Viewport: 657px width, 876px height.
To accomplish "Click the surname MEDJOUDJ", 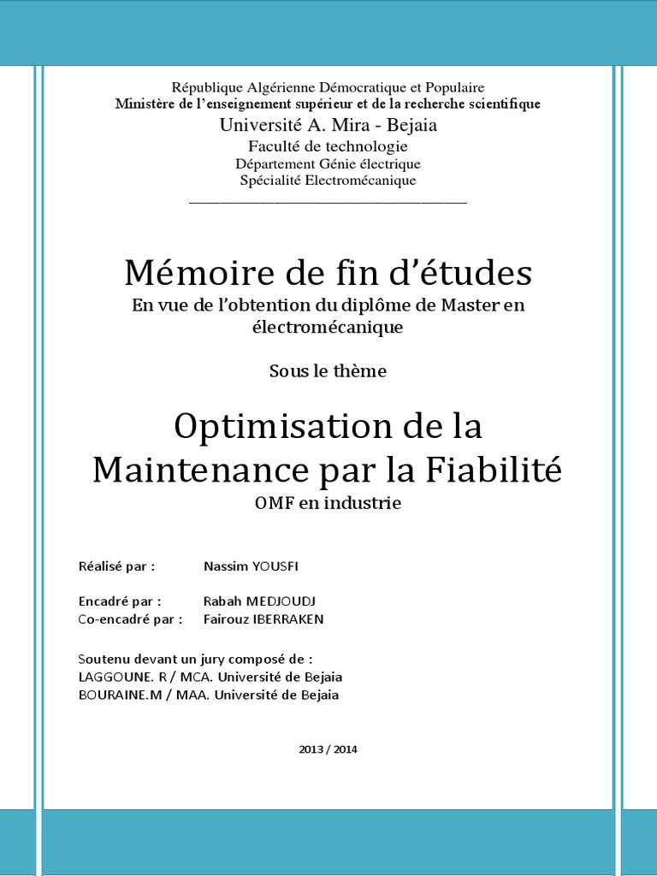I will [280, 601].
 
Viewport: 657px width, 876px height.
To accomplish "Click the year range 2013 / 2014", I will [328, 749].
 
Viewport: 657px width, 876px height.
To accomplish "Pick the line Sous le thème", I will [328, 371].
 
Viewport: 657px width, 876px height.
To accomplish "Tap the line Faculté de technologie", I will [328, 146].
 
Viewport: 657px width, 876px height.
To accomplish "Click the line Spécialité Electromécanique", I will [328, 181].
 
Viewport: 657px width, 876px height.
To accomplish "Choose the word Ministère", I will [146, 104].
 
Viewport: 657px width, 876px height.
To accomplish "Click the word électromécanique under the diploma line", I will [328, 327].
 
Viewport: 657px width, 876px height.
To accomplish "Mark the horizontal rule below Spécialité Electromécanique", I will [328, 203].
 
